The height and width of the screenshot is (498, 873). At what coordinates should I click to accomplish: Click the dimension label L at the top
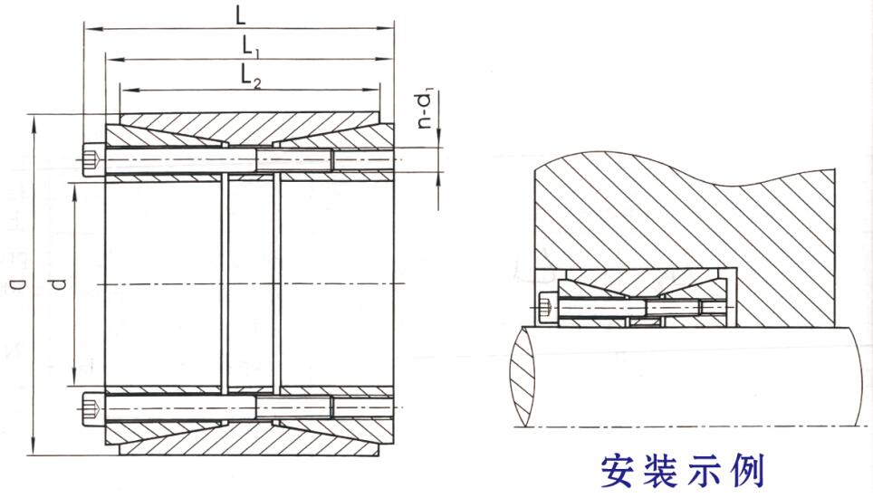pyautogui.click(x=240, y=15)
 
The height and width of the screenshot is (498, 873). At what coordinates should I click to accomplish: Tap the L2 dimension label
pyautogui.click(x=251, y=76)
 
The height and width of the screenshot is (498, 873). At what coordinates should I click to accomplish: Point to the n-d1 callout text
pyautogui.click(x=426, y=111)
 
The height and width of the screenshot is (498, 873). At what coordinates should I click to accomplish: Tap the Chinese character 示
pyautogui.click(x=704, y=472)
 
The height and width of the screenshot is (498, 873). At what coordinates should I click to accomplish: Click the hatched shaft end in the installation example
pyautogui.click(x=523, y=376)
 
